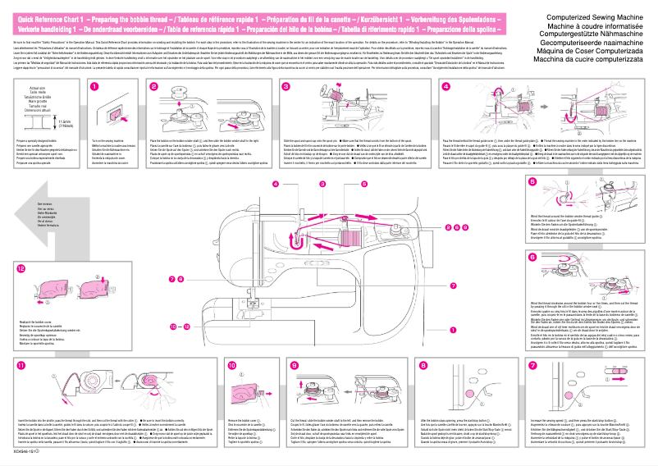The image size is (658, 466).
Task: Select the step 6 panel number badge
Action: pos(532,257)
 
